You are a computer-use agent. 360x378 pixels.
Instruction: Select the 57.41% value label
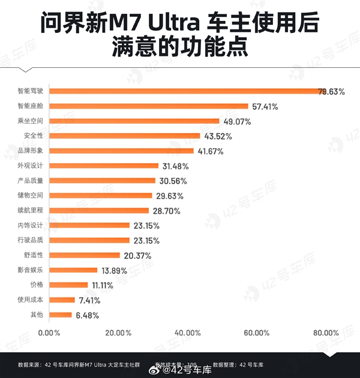tap(265, 106)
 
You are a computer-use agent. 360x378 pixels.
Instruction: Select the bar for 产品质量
tap(102, 181)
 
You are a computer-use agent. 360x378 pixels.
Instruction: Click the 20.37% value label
tap(136, 256)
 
